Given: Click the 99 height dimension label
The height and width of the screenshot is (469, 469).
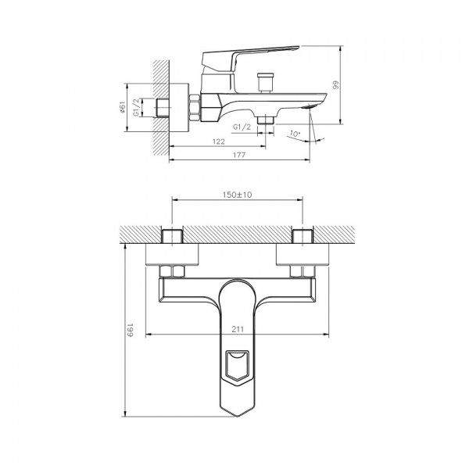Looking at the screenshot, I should tap(336, 86).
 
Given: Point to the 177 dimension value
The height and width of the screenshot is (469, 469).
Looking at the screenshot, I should tap(239, 156).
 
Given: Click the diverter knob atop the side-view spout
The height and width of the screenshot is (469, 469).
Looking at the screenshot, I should tap(263, 81).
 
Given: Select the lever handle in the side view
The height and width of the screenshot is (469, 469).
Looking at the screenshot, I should tap(250, 55).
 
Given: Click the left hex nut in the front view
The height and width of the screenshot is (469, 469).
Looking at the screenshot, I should tap(172, 271).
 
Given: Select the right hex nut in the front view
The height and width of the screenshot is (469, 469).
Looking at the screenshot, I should tap(302, 271).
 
